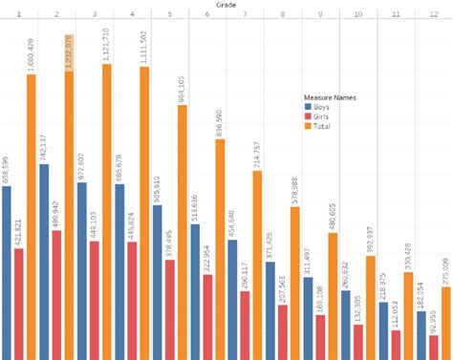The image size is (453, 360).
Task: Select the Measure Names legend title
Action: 331,96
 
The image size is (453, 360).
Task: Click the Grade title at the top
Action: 226,5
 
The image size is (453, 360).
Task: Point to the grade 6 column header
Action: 207,16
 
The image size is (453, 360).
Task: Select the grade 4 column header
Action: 132,16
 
